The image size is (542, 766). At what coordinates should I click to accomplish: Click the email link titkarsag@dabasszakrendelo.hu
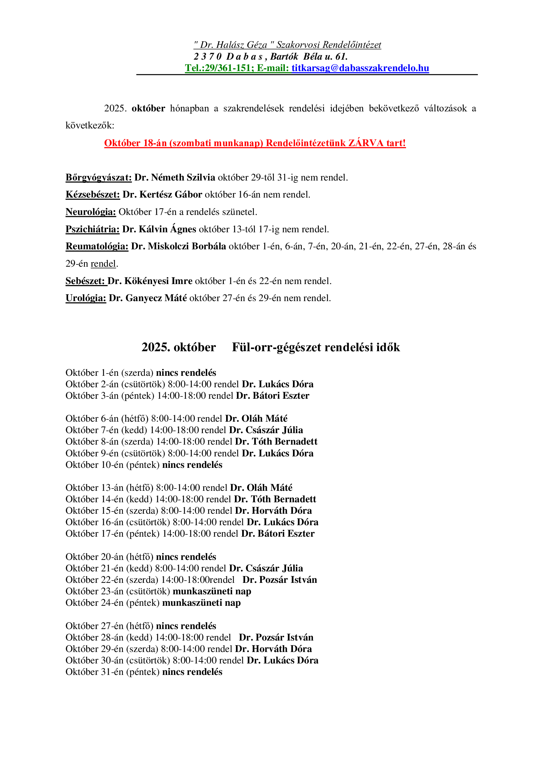click(x=360, y=68)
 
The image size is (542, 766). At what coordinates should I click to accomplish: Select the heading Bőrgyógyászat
click(x=98, y=178)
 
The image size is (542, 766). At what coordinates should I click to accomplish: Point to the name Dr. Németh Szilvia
click(x=175, y=178)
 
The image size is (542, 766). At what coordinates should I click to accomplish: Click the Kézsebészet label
click(x=92, y=195)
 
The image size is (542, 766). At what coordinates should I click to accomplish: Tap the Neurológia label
click(x=91, y=212)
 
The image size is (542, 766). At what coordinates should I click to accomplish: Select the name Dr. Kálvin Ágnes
click(x=159, y=229)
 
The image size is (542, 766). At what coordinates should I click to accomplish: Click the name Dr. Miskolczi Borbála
click(x=178, y=246)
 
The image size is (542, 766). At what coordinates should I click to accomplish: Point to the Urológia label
click(x=86, y=298)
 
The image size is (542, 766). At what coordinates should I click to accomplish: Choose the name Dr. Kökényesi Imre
click(x=150, y=281)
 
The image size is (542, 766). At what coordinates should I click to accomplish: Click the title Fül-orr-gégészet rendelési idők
click(x=316, y=347)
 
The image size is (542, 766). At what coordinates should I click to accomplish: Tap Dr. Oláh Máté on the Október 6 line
click(x=256, y=418)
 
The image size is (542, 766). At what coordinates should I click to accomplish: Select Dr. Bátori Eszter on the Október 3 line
click(x=273, y=396)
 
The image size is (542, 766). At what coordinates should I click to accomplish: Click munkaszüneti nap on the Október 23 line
click(x=212, y=591)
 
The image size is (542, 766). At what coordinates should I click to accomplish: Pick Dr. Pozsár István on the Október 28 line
click(x=276, y=637)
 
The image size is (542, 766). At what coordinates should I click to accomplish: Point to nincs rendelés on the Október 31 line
click(x=192, y=672)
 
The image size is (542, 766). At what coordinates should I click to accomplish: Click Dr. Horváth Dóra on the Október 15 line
click(x=273, y=510)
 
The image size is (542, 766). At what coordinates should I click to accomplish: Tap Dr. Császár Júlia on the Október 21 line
click(x=266, y=568)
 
